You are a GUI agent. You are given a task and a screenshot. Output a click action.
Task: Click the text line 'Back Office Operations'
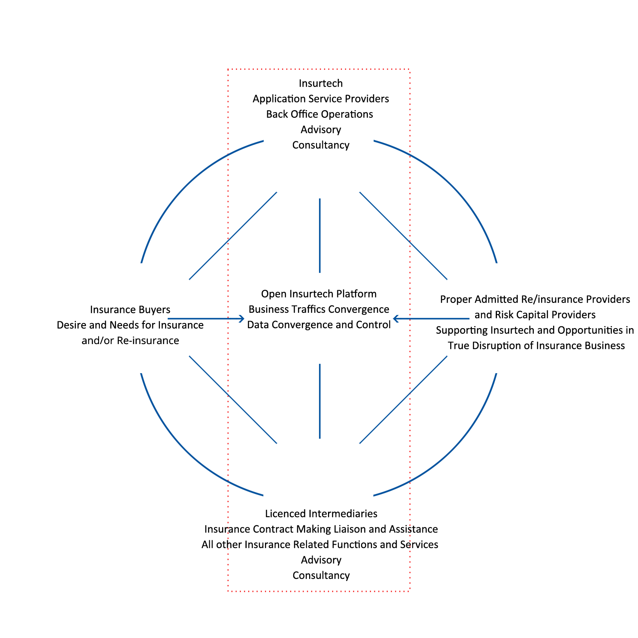click(x=319, y=114)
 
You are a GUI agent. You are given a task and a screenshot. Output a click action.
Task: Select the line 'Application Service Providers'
click(x=321, y=99)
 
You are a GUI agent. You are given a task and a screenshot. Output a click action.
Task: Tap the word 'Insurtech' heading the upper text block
click(x=321, y=83)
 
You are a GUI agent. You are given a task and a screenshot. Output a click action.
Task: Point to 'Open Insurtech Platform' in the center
click(x=319, y=294)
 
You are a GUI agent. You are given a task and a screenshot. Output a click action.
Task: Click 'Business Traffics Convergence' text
click(x=319, y=309)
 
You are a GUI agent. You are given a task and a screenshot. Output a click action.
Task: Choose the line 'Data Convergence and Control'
click(x=319, y=325)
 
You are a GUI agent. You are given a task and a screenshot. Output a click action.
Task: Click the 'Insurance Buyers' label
click(x=130, y=310)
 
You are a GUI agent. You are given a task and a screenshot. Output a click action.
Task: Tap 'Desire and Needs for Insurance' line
click(x=130, y=325)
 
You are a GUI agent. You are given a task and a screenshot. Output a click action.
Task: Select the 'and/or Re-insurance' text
click(x=130, y=341)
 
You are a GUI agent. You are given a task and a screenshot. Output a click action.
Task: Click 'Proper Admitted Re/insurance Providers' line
click(x=535, y=300)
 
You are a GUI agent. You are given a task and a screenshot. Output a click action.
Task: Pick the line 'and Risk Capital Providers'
click(x=535, y=315)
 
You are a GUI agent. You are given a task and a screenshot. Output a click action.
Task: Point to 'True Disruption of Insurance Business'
click(x=536, y=346)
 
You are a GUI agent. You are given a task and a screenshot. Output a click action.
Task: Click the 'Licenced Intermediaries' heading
click(x=321, y=514)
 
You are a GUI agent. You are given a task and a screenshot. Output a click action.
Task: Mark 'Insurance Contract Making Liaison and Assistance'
click(x=321, y=529)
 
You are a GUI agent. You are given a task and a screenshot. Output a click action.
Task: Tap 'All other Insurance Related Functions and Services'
click(x=320, y=545)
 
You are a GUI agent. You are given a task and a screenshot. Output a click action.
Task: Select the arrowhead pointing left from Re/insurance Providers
click(x=396, y=319)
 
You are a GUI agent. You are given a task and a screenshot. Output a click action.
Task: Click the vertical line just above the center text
click(x=320, y=235)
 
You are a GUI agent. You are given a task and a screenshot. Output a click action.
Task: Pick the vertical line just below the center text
click(x=320, y=401)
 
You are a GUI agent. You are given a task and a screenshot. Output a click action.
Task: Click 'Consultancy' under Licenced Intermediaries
click(x=321, y=575)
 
